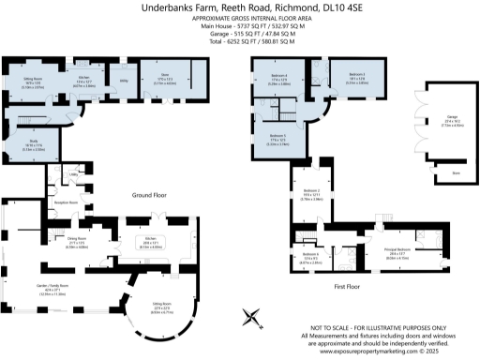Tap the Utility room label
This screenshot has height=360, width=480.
[122, 82]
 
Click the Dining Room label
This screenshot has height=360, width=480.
[77, 240]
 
